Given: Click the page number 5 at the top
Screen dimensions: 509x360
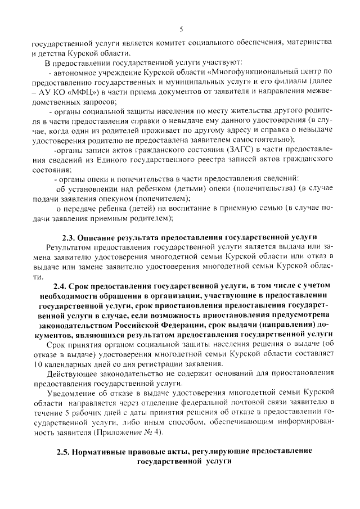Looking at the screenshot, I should pos(181,29).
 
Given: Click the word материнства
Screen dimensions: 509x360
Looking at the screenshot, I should pos(312,42).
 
